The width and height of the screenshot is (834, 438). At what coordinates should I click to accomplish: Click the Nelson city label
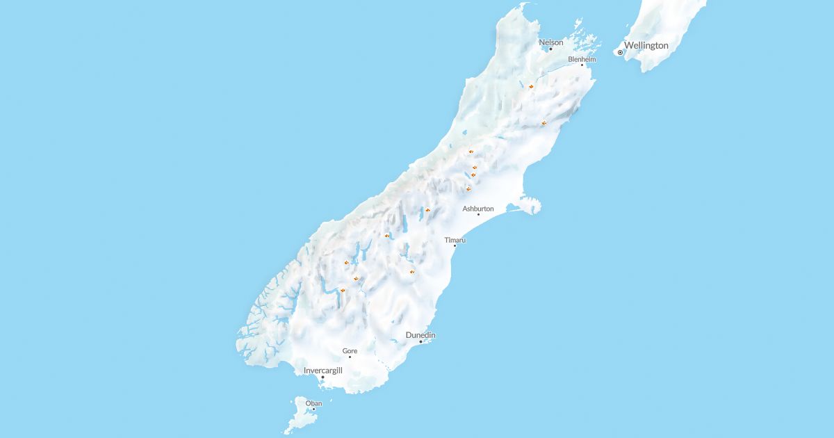551,42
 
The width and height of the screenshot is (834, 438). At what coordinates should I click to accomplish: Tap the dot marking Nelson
551,49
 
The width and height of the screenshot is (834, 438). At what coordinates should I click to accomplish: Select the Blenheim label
582,60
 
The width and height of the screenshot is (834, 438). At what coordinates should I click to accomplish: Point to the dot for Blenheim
582,65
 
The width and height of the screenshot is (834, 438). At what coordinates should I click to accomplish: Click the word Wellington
646,45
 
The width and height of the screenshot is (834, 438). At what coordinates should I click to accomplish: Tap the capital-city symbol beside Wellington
620,52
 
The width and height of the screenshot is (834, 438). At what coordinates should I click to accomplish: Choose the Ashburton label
478,209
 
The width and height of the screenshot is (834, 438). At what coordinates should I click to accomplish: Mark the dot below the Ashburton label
478,214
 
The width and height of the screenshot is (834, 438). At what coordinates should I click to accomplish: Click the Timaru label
455,240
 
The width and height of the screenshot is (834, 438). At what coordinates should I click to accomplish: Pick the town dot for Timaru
455,245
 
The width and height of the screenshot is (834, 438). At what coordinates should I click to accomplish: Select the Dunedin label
420,335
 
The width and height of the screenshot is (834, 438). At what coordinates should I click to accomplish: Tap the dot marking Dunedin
420,341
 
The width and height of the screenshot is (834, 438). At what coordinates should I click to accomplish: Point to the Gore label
350,351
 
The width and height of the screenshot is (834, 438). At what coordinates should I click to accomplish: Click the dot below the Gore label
350,357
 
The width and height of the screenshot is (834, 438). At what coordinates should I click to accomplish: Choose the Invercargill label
323,371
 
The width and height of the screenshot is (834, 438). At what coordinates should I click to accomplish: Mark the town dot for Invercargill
322,378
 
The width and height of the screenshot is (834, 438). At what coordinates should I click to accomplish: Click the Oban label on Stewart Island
313,403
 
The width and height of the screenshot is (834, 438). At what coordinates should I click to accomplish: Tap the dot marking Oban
313,409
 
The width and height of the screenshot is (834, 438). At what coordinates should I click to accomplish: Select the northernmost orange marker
530,86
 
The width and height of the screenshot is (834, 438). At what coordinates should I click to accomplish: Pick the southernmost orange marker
343,290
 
